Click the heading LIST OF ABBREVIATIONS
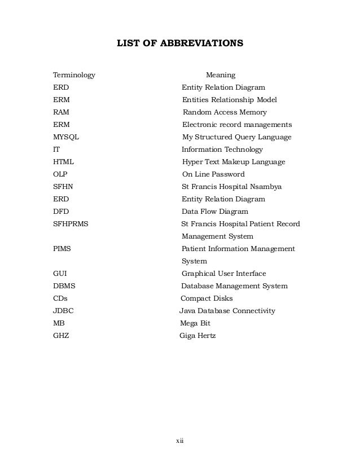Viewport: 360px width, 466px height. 179,42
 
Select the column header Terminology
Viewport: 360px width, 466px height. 74,75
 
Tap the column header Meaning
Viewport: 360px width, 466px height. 220,75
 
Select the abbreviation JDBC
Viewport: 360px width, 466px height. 63,311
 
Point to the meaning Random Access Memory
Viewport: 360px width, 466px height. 225,112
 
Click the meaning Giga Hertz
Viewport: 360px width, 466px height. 197,336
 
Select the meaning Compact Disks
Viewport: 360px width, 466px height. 206,298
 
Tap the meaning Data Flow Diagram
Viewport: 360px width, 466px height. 214,212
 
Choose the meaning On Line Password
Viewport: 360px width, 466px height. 213,174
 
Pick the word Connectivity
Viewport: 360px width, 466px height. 252,311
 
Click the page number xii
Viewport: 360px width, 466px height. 180,441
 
